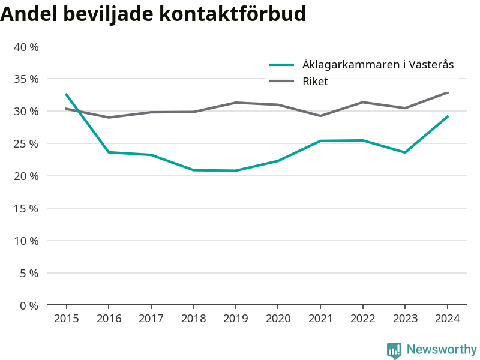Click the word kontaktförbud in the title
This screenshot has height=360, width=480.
(x=233, y=14)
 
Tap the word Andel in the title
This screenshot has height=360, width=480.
(x=29, y=14)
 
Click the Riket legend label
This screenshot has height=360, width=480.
(x=315, y=82)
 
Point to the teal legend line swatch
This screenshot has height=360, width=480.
(x=281, y=65)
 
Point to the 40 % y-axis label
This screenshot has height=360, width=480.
(x=26, y=47)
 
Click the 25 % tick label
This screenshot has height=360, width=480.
(x=26, y=143)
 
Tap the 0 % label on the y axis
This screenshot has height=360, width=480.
(x=29, y=305)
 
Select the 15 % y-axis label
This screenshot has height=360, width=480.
(x=26, y=208)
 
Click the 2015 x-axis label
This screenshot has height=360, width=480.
(x=67, y=319)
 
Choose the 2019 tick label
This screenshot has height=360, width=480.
(x=235, y=319)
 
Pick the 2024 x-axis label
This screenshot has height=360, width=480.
(x=448, y=319)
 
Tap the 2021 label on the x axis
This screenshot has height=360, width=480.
(x=320, y=319)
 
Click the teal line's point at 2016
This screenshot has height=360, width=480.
(x=109, y=152)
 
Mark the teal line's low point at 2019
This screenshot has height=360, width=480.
(x=235, y=170)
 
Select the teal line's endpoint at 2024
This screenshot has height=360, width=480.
(x=448, y=116)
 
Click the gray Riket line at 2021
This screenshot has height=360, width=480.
(x=320, y=116)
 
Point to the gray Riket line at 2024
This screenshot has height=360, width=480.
(x=448, y=93)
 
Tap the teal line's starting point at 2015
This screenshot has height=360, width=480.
(x=67, y=94)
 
